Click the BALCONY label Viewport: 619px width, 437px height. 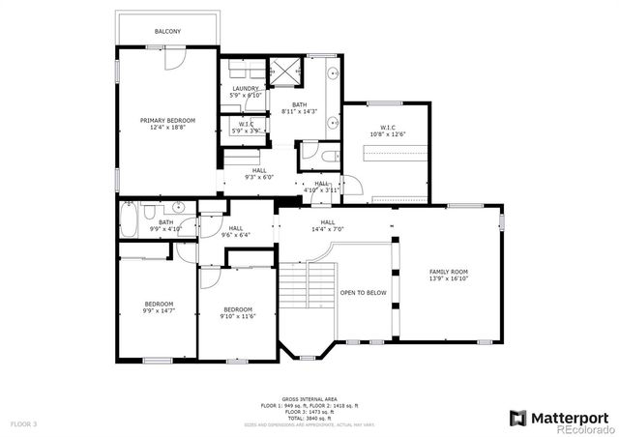click(167, 32)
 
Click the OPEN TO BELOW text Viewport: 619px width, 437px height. click(363, 291)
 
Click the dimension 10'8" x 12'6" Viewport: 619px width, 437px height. click(387, 134)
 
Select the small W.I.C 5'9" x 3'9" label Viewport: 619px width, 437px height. click(246, 127)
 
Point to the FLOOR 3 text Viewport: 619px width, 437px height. click(24, 423)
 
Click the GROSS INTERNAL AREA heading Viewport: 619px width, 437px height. click(309, 398)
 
